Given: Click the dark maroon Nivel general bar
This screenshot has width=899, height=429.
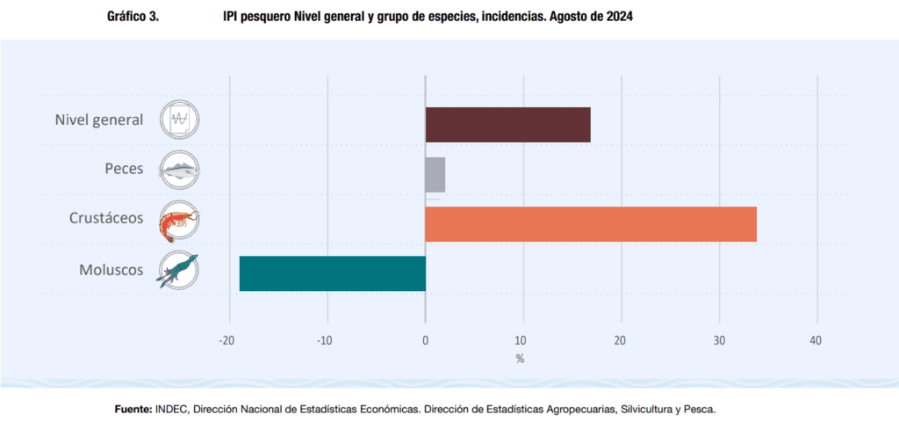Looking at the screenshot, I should tap(507, 125).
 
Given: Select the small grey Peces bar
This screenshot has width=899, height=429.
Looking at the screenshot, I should tap(435, 174).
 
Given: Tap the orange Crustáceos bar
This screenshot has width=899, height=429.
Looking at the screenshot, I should tap(590, 223).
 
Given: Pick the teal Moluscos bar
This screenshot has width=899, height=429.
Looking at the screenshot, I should tap(332, 273).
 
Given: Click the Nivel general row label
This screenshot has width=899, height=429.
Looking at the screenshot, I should tap(99, 120).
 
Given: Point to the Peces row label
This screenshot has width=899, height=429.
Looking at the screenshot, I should tap(124, 169).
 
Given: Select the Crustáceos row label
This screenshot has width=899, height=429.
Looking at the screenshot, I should tap(106, 218).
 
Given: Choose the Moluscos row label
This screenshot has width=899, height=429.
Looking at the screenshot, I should tap(111, 269).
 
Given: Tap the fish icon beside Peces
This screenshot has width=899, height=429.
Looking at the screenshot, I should tap(179, 169).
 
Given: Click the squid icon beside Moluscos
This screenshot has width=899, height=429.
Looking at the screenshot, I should tap(179, 270).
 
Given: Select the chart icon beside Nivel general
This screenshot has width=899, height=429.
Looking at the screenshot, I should tap(179, 119).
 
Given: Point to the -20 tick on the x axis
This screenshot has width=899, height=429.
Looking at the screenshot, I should tap(227, 341).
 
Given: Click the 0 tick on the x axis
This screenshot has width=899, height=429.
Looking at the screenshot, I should tap(425, 341).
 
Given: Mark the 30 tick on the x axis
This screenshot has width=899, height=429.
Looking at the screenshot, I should tap(719, 341).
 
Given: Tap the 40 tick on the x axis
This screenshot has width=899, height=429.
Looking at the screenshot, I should tap(816, 341).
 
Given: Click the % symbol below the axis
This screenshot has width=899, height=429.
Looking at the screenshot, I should tap(520, 359).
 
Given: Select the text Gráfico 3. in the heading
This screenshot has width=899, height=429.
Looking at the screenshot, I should tap(133, 17).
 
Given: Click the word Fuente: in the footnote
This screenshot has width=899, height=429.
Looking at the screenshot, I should tap(133, 410).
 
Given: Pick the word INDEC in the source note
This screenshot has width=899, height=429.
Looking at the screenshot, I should tap(172, 410).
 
